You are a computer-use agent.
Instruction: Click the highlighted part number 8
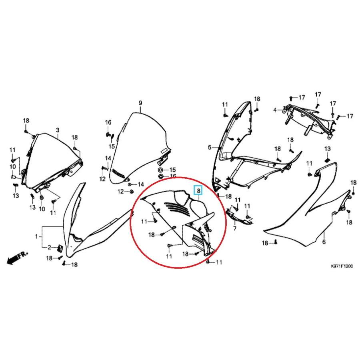[x=198, y=190]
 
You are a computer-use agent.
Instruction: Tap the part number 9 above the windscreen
[x=140, y=103]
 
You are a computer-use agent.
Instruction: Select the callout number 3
[x=57, y=130]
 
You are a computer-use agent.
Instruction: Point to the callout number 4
[x=275, y=110]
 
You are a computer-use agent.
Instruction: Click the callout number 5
[x=209, y=147]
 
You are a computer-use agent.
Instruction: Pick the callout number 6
[x=324, y=241]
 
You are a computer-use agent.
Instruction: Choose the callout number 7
[x=235, y=228]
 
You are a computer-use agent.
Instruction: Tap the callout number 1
[x=36, y=236]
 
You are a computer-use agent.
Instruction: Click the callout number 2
[x=49, y=247]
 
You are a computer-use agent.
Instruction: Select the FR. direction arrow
[x=17, y=257]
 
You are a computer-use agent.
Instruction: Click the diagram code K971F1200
[x=342, y=266]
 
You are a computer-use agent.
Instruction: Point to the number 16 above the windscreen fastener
[x=108, y=122]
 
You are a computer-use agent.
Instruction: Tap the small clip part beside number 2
[x=60, y=248]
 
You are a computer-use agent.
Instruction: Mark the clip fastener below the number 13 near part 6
[x=328, y=160]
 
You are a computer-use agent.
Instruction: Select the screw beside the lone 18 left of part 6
[x=276, y=242]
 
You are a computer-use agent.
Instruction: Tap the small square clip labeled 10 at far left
[x=13, y=176]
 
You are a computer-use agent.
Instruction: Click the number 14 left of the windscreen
[x=108, y=158]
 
